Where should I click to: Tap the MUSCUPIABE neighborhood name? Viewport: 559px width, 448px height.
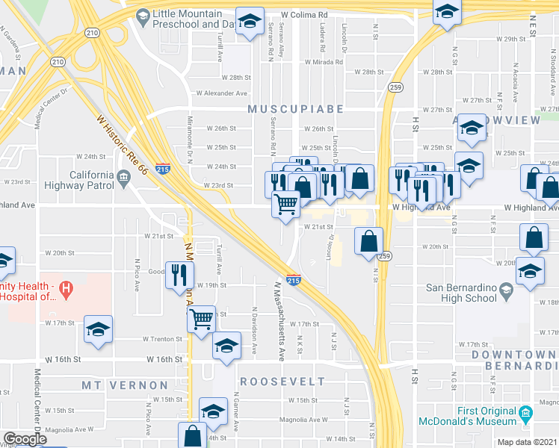[296, 109]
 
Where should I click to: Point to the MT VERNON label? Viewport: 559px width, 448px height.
[125, 385]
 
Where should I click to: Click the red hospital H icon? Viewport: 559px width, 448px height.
[67, 287]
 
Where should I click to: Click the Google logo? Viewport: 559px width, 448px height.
[24, 440]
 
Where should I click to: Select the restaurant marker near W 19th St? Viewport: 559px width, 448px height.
[179, 273]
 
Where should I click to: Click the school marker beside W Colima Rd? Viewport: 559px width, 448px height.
[250, 20]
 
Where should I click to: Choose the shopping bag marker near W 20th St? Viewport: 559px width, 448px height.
[368, 241]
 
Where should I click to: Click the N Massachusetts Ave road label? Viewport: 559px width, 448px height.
[278, 314]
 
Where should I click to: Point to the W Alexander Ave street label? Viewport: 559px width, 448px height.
[221, 93]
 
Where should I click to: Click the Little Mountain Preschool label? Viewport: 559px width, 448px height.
[187, 19]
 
